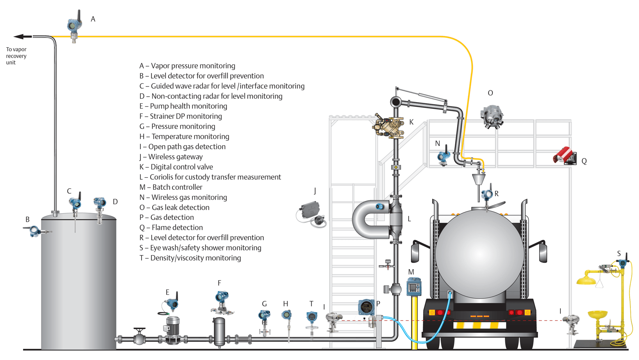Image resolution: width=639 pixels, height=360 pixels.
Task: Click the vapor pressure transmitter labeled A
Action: pos(74,27)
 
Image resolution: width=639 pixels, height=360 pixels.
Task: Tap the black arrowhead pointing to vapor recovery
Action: pos(20,37)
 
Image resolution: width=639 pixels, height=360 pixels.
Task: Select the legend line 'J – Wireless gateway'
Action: pos(171,157)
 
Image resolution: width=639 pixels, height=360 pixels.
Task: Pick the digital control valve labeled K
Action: pos(389,126)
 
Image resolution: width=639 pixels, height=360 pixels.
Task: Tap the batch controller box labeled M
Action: pos(414,287)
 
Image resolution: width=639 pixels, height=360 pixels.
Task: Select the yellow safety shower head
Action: pos(586,280)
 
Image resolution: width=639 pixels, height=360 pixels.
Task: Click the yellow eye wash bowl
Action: pos(598,314)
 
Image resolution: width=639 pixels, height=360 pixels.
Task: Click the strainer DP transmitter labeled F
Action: pos(222,302)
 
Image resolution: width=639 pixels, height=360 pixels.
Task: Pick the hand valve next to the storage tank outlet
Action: pos(139,337)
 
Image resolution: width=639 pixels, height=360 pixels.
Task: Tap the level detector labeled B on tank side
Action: pos(35,231)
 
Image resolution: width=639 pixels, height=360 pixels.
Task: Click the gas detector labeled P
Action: pos(366,307)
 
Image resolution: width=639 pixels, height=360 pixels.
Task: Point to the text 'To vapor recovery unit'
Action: pos(16,56)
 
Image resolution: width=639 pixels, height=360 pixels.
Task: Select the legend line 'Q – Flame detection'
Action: pos(171,228)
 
